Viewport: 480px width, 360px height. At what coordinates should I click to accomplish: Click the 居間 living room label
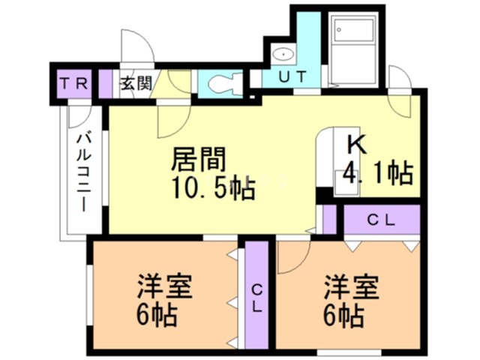(199, 160)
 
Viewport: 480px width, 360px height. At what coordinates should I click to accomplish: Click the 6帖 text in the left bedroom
(157, 316)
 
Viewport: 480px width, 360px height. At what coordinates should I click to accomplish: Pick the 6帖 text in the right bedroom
(345, 316)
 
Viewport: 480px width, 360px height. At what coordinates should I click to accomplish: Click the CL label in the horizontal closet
(382, 220)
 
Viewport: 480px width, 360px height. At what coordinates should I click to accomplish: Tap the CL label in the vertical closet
(256, 296)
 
